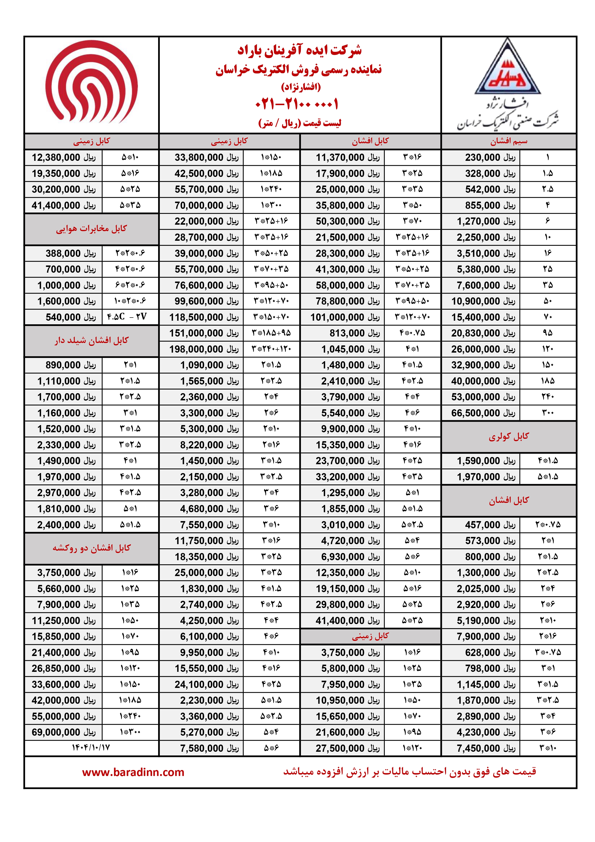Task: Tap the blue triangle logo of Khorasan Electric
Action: [508, 70]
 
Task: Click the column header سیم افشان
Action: [509, 141]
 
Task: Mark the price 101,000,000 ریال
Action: [345, 317]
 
